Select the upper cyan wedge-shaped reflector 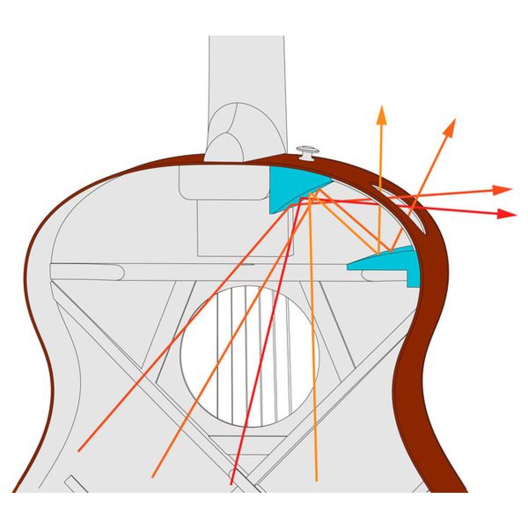290,187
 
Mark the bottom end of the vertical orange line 316,480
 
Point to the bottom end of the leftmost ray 79,451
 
